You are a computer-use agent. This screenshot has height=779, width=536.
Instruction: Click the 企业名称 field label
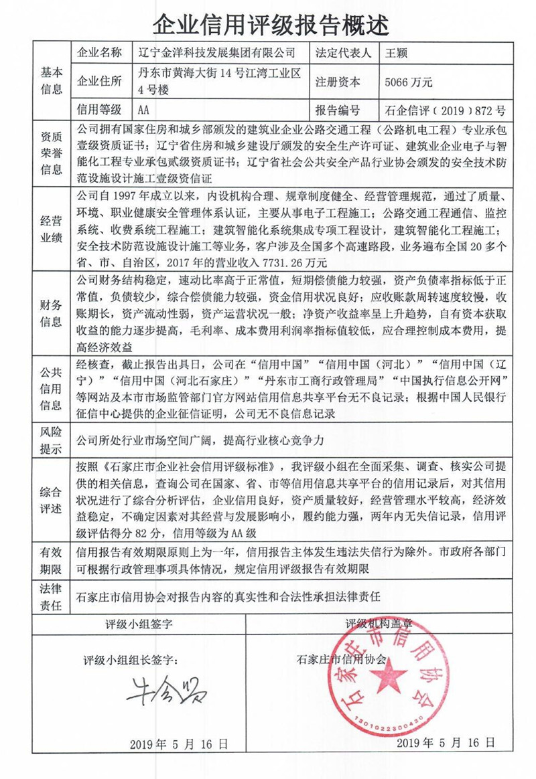(100, 52)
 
